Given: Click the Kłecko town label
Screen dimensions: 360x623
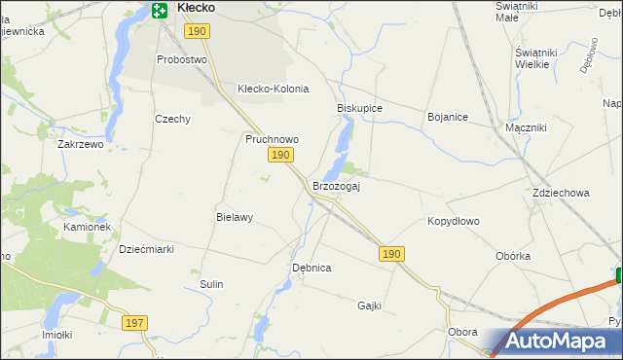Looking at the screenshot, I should [196, 9].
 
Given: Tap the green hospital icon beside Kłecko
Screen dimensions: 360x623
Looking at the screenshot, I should [160, 10].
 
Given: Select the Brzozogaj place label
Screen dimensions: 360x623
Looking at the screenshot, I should [336, 186].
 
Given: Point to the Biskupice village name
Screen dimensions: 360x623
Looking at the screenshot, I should [359, 108].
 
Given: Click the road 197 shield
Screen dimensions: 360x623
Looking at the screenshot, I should [135, 322].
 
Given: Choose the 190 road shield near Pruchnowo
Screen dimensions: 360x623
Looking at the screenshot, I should [280, 156].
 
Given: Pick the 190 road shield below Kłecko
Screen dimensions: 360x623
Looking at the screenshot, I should [197, 32].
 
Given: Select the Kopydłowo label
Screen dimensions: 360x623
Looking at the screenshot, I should [454, 221].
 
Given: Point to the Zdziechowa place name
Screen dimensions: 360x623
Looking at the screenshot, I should [561, 193].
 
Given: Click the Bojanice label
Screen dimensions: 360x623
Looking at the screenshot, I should [448, 117].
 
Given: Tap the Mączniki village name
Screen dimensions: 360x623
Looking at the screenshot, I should [526, 127].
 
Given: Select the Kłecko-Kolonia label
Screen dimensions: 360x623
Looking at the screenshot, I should [273, 89].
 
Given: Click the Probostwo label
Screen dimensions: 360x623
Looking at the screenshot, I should [183, 59].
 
